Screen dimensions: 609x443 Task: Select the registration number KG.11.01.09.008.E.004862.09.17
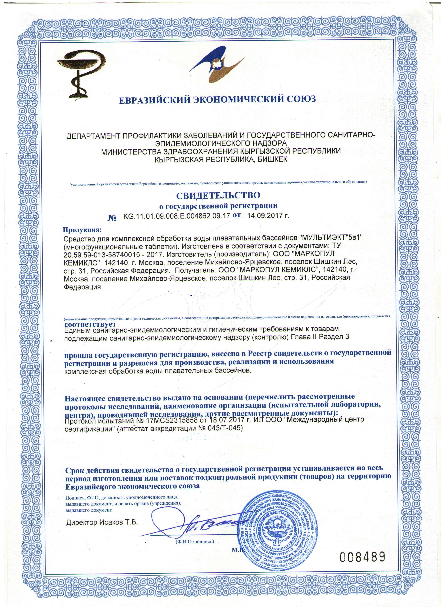[177, 216]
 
